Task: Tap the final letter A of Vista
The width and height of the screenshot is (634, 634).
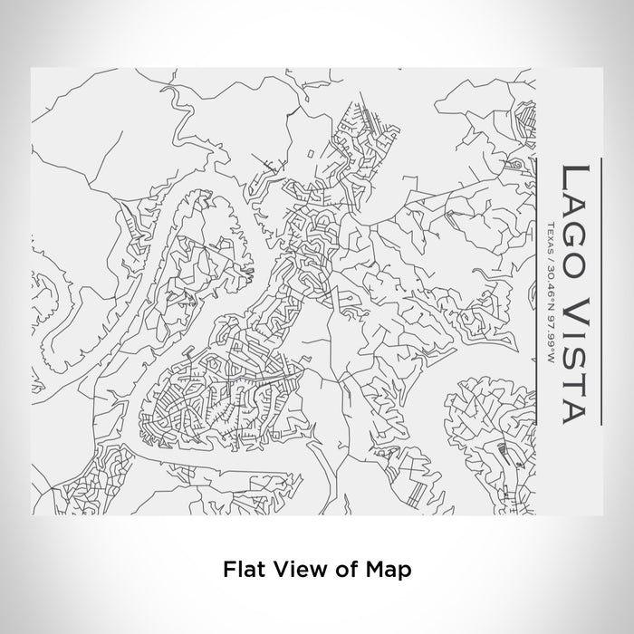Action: [x=580, y=408]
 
